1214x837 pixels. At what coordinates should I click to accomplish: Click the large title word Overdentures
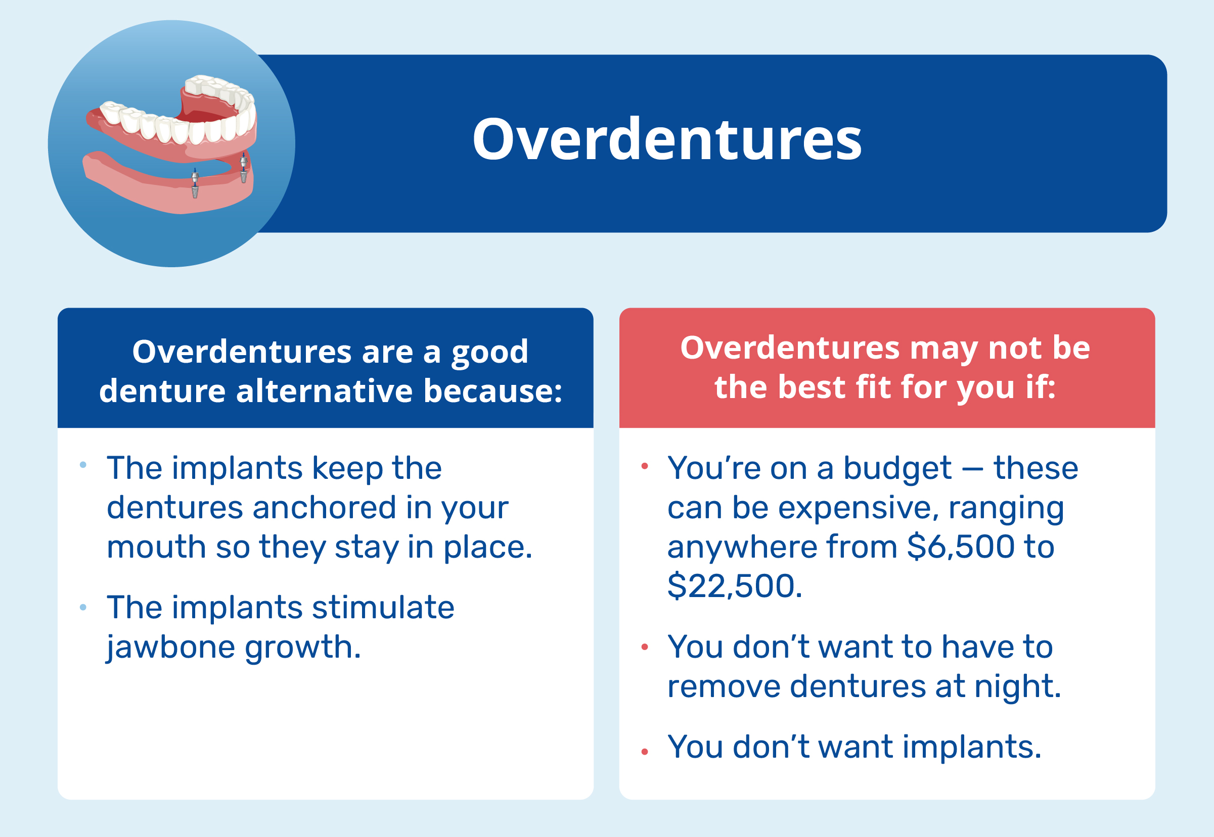(x=666, y=139)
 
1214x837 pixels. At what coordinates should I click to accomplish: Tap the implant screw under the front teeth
(x=195, y=183)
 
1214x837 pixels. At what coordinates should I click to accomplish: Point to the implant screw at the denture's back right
(x=243, y=168)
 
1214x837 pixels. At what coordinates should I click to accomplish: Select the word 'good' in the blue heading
(x=489, y=352)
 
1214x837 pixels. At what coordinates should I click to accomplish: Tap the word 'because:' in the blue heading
(x=492, y=391)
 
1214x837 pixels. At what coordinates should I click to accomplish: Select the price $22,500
(x=734, y=586)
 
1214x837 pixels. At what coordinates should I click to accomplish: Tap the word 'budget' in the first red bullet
(x=897, y=468)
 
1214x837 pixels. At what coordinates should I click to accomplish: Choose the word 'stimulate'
(x=383, y=607)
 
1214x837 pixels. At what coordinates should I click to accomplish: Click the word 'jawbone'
(x=170, y=647)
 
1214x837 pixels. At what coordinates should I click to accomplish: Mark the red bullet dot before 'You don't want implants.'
(x=645, y=752)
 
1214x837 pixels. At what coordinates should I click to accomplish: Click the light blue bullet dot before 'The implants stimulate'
(x=83, y=607)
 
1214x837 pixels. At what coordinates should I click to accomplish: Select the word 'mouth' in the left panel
(x=156, y=547)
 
